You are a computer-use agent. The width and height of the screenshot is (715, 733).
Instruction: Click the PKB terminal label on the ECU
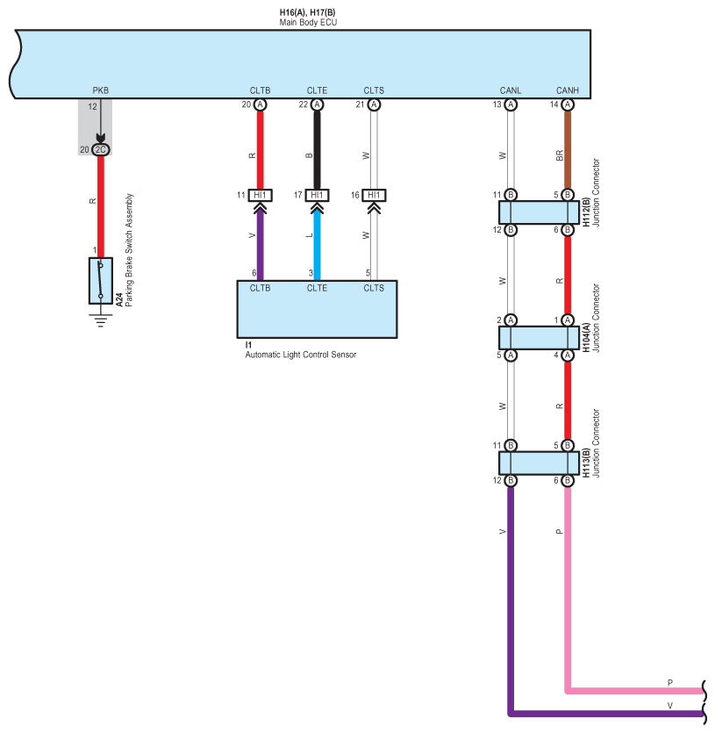click(x=101, y=90)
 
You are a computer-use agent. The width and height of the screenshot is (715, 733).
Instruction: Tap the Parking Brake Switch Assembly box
click(x=101, y=281)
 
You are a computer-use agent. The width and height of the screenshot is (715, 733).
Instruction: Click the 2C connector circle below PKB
click(x=101, y=149)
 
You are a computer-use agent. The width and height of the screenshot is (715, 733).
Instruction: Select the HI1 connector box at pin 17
click(x=317, y=195)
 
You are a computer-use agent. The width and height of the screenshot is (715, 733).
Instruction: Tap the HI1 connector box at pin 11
click(x=260, y=195)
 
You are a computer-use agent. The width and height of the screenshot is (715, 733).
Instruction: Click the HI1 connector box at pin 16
click(x=374, y=195)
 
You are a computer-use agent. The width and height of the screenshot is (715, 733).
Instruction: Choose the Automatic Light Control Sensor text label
click(x=300, y=355)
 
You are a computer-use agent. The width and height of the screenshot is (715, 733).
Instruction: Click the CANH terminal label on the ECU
click(x=568, y=90)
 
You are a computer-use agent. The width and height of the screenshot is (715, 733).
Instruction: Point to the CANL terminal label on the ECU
click(x=511, y=90)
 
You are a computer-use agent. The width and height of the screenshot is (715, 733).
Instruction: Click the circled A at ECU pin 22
click(x=317, y=104)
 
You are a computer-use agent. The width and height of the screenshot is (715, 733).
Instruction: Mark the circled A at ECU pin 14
click(x=568, y=104)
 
